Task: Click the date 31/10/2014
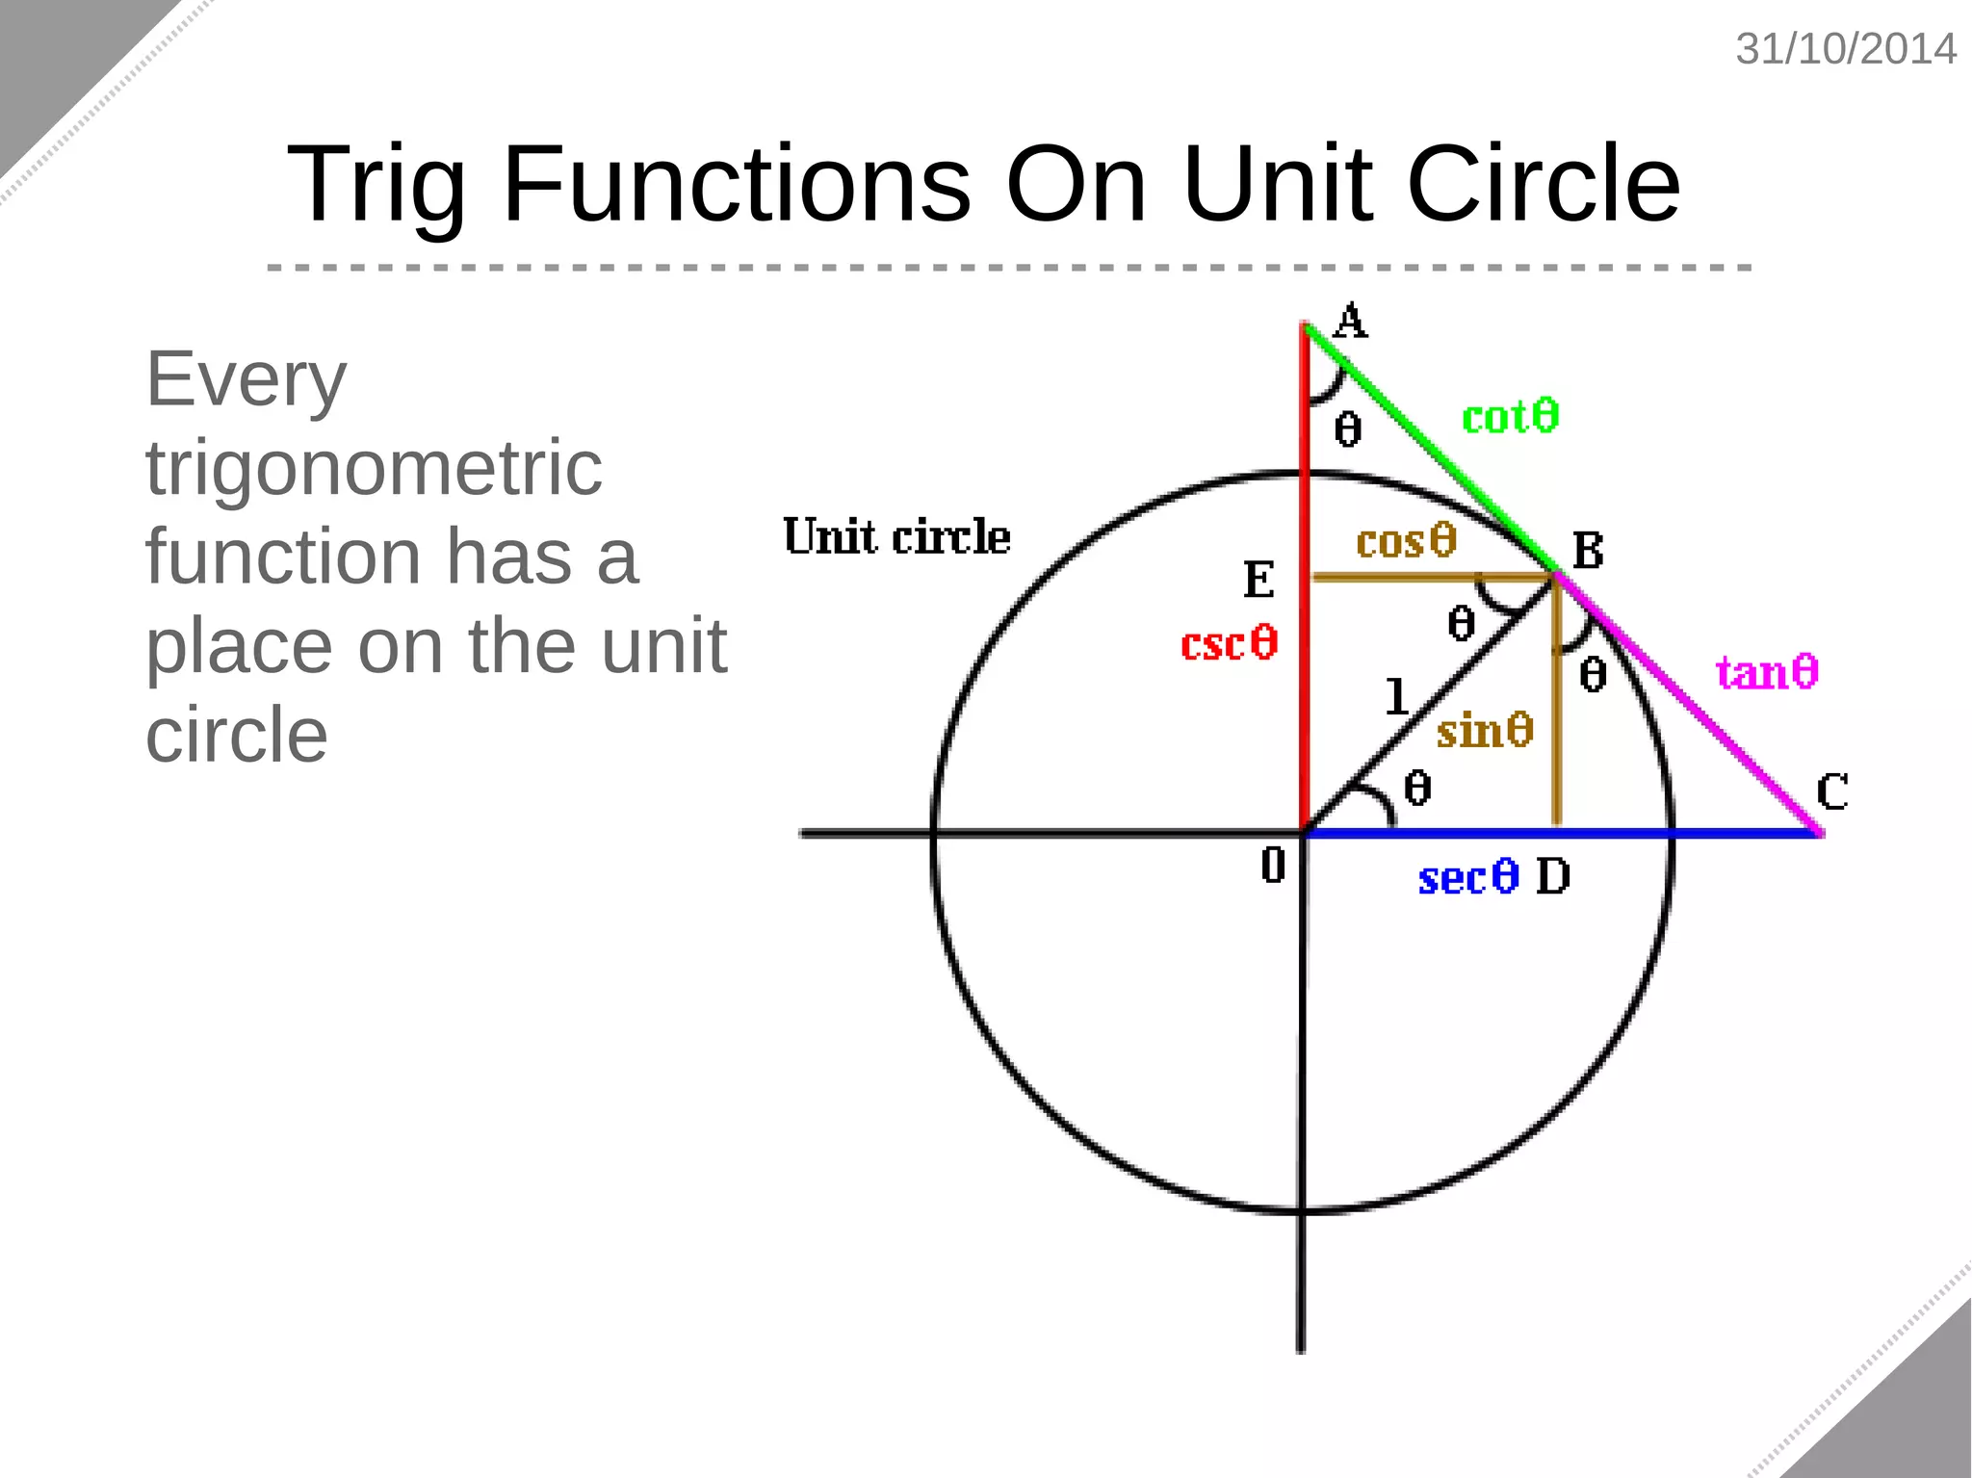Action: (x=1845, y=49)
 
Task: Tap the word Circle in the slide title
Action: (x=1543, y=184)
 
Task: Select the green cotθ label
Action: (x=1510, y=417)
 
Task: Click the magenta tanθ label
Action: (x=1767, y=671)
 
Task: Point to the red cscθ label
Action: (x=1229, y=643)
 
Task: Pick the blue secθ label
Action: (x=1467, y=877)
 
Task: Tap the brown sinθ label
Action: (x=1484, y=730)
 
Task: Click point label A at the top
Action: (x=1351, y=322)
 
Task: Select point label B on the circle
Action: (x=1588, y=552)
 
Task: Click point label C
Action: (x=1831, y=792)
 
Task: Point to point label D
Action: (x=1552, y=877)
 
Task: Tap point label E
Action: (x=1258, y=580)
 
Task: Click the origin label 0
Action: (x=1273, y=865)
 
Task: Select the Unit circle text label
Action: (x=896, y=536)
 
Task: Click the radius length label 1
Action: (x=1396, y=696)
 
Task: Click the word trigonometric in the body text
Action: (x=374, y=468)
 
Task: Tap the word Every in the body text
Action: (x=246, y=379)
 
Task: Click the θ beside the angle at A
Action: (x=1348, y=428)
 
